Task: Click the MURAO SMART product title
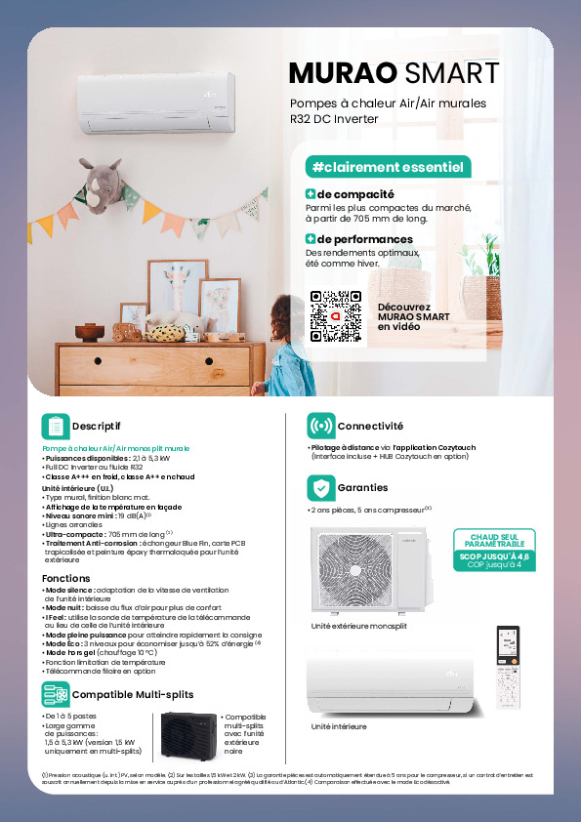tap(394, 73)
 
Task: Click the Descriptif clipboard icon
tap(55, 426)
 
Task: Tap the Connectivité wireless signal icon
tap(319, 427)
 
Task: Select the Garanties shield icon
tap(319, 487)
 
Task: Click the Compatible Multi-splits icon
tap(55, 694)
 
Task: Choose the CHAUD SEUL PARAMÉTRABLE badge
tap(494, 550)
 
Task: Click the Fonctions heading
tap(66, 579)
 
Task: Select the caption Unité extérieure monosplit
tap(358, 625)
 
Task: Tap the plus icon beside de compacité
tap(311, 194)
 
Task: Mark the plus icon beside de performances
tap(311, 239)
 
